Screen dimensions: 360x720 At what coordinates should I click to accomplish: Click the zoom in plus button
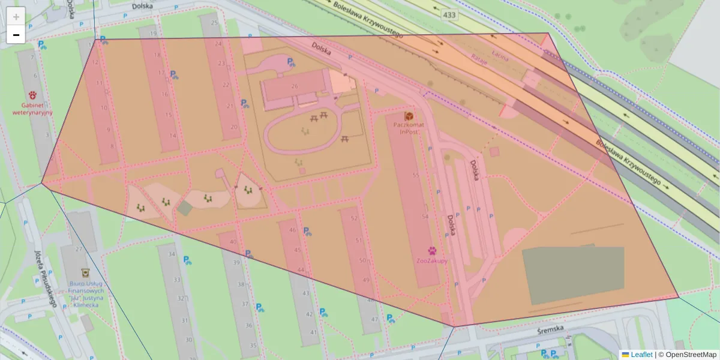(x=16, y=16)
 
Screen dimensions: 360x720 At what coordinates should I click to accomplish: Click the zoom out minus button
(x=16, y=35)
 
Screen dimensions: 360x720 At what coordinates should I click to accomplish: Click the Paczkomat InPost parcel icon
(x=409, y=115)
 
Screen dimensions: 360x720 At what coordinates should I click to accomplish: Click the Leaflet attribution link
(x=641, y=355)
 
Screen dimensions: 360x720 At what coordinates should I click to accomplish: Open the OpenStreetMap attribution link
(x=691, y=355)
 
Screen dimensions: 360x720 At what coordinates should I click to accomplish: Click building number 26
(x=294, y=86)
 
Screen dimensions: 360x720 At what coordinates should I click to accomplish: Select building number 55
(x=415, y=175)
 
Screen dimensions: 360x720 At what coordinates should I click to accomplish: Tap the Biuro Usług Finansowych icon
(x=85, y=272)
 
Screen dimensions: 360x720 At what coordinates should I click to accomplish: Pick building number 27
(x=78, y=249)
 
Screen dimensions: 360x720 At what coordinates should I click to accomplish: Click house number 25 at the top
(x=214, y=23)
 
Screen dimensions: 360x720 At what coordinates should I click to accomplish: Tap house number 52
(x=354, y=218)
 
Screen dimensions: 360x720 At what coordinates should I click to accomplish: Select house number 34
(x=172, y=254)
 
